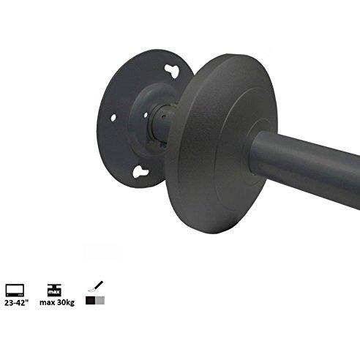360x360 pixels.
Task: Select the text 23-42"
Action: coord(16,302)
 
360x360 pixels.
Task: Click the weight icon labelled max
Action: coord(53,287)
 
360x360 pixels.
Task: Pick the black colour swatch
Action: coord(90,301)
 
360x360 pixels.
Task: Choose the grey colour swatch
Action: coord(100,301)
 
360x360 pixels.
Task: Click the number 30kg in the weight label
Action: coord(66,302)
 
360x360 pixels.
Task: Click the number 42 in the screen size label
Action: coord(21,302)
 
